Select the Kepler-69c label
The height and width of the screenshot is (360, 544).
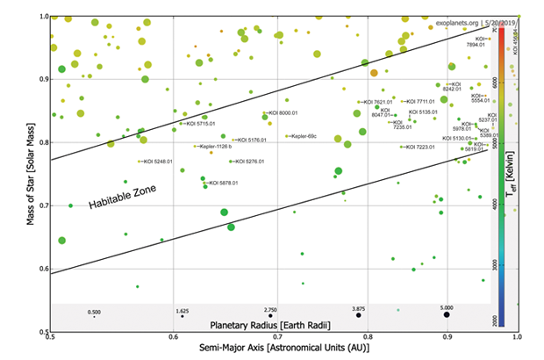tap(304, 136)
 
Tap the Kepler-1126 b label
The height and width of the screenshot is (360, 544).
tap(218, 147)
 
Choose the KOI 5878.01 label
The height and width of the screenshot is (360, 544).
tap(224, 183)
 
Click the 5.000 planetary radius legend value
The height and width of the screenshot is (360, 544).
tap(447, 308)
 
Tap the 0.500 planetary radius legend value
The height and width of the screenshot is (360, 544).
tap(94, 311)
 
